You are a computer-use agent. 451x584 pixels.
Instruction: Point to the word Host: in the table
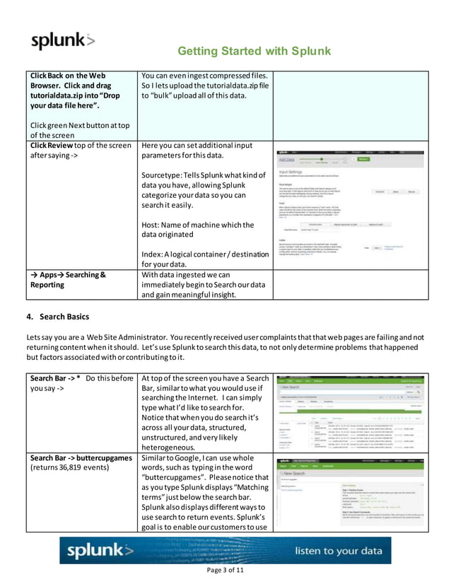(x=155, y=226)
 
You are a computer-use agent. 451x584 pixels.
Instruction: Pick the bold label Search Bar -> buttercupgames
(x=81, y=458)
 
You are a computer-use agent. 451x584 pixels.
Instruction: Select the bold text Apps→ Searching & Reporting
(x=68, y=280)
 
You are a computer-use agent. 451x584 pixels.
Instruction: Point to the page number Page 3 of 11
(x=224, y=570)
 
